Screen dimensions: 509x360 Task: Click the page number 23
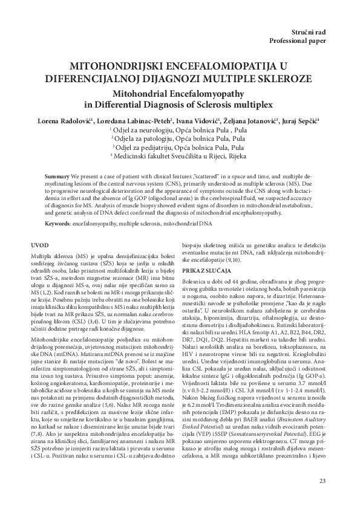click(321, 481)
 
